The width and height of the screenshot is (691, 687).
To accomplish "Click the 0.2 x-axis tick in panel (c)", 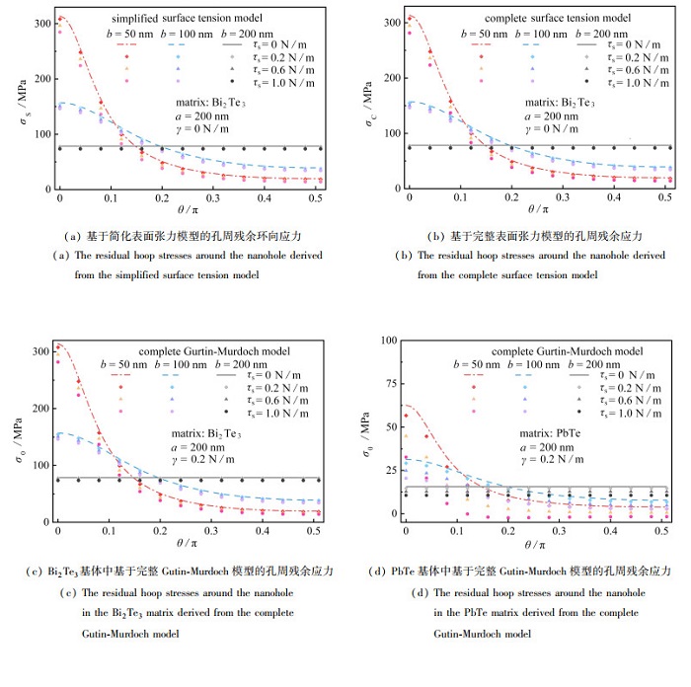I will pos(161,533).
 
